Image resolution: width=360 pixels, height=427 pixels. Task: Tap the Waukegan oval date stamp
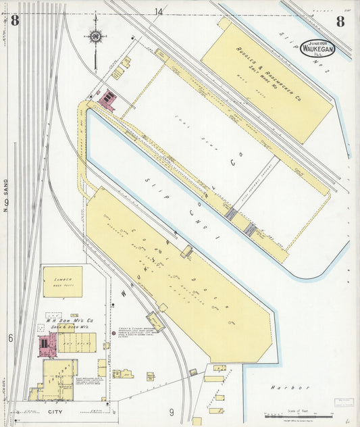coord(316,47)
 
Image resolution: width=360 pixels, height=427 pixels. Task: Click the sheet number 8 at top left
coord(15,20)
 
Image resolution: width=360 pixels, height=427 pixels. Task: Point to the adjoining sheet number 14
coord(158,11)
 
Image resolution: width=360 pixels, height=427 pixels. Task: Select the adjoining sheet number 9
coord(172,411)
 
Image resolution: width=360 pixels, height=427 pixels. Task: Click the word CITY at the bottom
coord(55,409)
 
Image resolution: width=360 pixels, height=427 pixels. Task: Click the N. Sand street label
coord(5,196)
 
